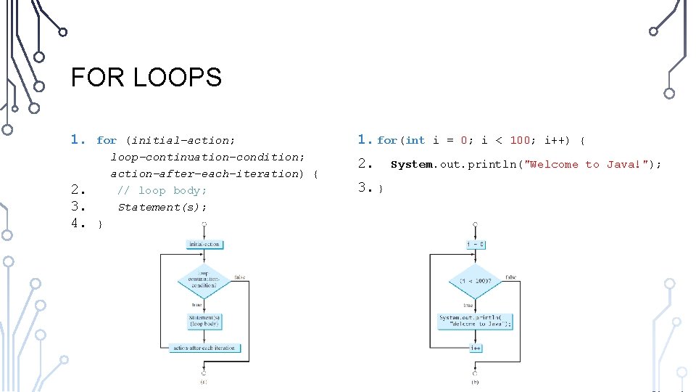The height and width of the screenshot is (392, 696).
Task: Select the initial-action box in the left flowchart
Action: [204, 244]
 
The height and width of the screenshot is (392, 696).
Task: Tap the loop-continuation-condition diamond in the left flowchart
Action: [204, 279]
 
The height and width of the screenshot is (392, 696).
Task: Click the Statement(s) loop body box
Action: [204, 320]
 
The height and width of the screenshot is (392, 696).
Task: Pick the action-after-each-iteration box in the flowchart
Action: [204, 348]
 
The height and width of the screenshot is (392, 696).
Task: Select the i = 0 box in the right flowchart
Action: [476, 245]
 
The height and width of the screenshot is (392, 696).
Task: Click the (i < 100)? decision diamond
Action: [475, 280]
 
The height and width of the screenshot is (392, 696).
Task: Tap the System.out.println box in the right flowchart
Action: [476, 320]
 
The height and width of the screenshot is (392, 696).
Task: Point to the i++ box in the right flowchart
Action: [476, 348]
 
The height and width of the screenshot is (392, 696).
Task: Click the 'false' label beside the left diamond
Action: [239, 277]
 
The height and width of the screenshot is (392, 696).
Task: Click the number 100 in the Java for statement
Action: [520, 141]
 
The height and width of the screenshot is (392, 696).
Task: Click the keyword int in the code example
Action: [415, 141]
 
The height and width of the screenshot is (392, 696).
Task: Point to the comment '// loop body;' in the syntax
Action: [162, 191]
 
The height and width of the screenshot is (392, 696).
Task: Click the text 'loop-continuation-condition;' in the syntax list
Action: [207, 158]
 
